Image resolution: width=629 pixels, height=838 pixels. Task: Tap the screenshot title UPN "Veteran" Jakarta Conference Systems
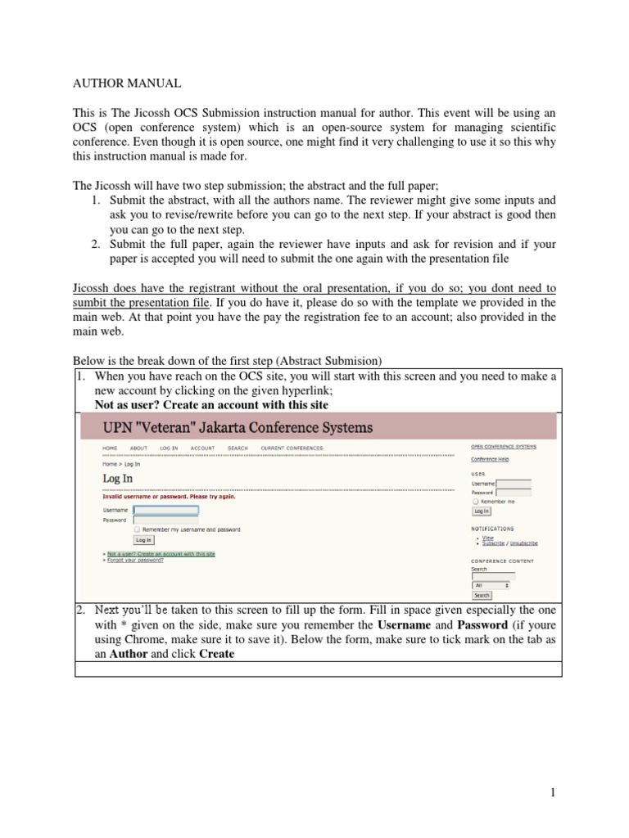coord(238,427)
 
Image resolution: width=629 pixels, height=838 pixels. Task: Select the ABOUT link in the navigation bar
coord(139,448)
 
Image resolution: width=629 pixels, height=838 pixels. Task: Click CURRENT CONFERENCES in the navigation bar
coord(292,448)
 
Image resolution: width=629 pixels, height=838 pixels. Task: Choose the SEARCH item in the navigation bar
coord(238,448)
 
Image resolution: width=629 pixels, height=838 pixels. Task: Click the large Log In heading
coord(117,478)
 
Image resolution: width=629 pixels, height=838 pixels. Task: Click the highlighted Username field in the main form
coord(165,510)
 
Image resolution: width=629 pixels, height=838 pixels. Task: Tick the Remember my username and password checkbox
coord(138,529)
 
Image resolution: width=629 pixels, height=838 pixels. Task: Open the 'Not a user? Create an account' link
coord(161,554)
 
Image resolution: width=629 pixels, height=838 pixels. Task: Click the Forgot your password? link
coord(135,561)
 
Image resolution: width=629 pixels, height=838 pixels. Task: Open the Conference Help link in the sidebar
coord(490,459)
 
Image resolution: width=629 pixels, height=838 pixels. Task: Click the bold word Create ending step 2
coord(217,654)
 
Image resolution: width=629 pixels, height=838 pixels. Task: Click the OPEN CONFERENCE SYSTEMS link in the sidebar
coord(504,447)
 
